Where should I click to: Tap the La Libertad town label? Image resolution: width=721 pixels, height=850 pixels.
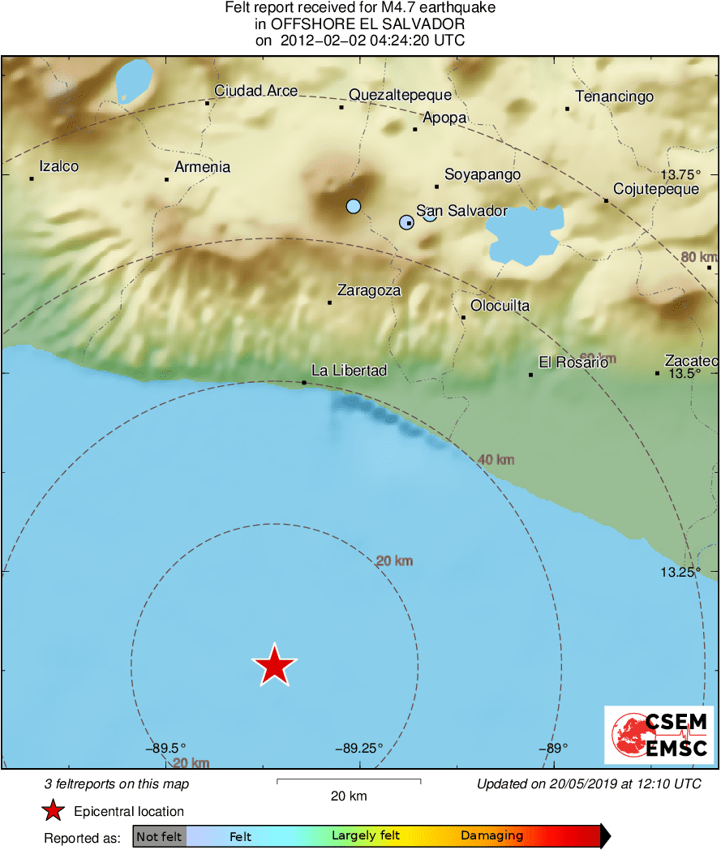tap(349, 371)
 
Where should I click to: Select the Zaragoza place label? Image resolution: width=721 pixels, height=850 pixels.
tap(369, 290)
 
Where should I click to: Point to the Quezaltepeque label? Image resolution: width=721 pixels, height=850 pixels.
tap(400, 95)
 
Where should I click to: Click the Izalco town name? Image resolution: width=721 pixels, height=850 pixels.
tap(59, 166)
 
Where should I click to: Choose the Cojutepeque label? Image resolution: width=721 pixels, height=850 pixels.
tap(656, 189)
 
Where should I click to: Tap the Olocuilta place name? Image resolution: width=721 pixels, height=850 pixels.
tap(500, 306)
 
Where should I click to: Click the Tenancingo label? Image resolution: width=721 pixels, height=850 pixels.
tap(614, 97)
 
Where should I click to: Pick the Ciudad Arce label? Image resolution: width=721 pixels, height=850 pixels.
tap(255, 91)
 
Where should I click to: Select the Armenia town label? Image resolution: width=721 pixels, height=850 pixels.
tap(203, 167)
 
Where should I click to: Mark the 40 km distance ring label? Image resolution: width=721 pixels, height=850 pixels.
tap(496, 460)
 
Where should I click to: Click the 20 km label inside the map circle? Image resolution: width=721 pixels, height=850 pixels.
tap(395, 560)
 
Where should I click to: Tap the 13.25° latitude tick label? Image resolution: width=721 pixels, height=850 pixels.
tap(680, 572)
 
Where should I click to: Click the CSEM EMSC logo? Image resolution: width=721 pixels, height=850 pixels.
tap(658, 735)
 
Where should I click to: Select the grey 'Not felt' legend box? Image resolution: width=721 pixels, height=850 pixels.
tap(159, 837)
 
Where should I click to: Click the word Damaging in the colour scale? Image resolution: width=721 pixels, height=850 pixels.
tap(491, 836)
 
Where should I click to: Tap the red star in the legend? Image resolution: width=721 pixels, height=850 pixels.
tap(53, 811)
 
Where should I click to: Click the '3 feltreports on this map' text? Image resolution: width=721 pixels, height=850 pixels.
tap(117, 784)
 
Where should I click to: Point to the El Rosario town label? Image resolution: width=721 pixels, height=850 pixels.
tap(573, 363)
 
